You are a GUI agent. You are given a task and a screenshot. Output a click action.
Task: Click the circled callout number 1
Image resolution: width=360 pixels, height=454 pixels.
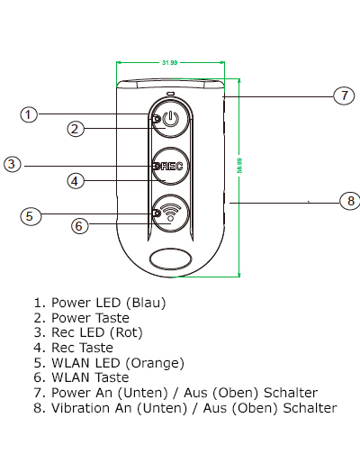pyautogui.click(x=29, y=114)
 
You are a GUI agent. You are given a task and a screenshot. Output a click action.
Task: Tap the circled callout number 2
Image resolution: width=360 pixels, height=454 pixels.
pyautogui.click(x=76, y=129)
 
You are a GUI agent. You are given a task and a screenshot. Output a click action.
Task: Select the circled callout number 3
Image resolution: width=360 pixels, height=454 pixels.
pyautogui.click(x=13, y=164)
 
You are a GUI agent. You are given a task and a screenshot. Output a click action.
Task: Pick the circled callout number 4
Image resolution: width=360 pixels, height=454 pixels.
pyautogui.click(x=76, y=181)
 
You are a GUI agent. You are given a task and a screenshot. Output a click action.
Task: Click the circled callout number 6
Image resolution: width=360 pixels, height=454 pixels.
pyautogui.click(x=80, y=226)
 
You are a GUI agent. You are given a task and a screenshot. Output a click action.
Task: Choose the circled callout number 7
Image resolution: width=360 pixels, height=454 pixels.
pyautogui.click(x=344, y=95)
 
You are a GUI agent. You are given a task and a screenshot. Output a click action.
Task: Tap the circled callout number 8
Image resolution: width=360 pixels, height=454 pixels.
pyautogui.click(x=350, y=201)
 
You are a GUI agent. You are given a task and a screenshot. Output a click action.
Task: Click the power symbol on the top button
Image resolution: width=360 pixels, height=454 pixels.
pyautogui.click(x=170, y=119)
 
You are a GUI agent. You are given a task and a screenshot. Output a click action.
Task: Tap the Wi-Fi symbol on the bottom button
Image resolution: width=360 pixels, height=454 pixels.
pyautogui.click(x=170, y=211)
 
